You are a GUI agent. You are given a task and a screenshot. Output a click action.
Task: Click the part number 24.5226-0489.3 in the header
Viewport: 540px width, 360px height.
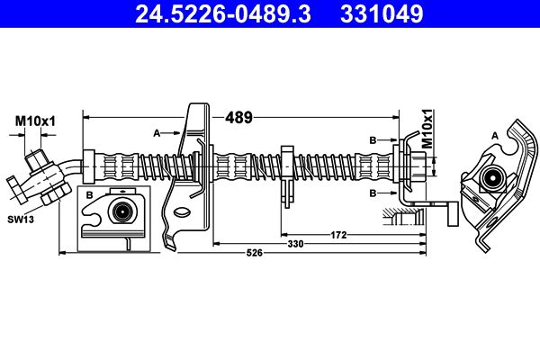(223, 13)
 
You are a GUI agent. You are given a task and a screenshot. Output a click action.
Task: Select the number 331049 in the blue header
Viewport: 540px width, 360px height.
(382, 13)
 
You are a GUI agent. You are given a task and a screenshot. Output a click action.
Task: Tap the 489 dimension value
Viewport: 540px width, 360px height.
(238, 118)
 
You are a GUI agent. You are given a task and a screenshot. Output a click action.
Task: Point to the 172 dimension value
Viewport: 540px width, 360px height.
(338, 235)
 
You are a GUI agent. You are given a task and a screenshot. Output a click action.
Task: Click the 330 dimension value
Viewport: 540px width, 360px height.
(295, 244)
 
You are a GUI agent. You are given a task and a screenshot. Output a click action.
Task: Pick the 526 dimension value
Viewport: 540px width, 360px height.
(255, 253)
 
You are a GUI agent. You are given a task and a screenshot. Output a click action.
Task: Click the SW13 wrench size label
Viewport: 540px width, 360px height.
(21, 219)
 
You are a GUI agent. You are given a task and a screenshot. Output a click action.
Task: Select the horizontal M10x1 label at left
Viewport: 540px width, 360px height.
(35, 121)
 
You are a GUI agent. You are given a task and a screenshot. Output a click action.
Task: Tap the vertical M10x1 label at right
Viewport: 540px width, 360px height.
(427, 129)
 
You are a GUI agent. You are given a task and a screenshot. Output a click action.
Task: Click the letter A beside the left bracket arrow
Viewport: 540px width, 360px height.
(157, 133)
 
